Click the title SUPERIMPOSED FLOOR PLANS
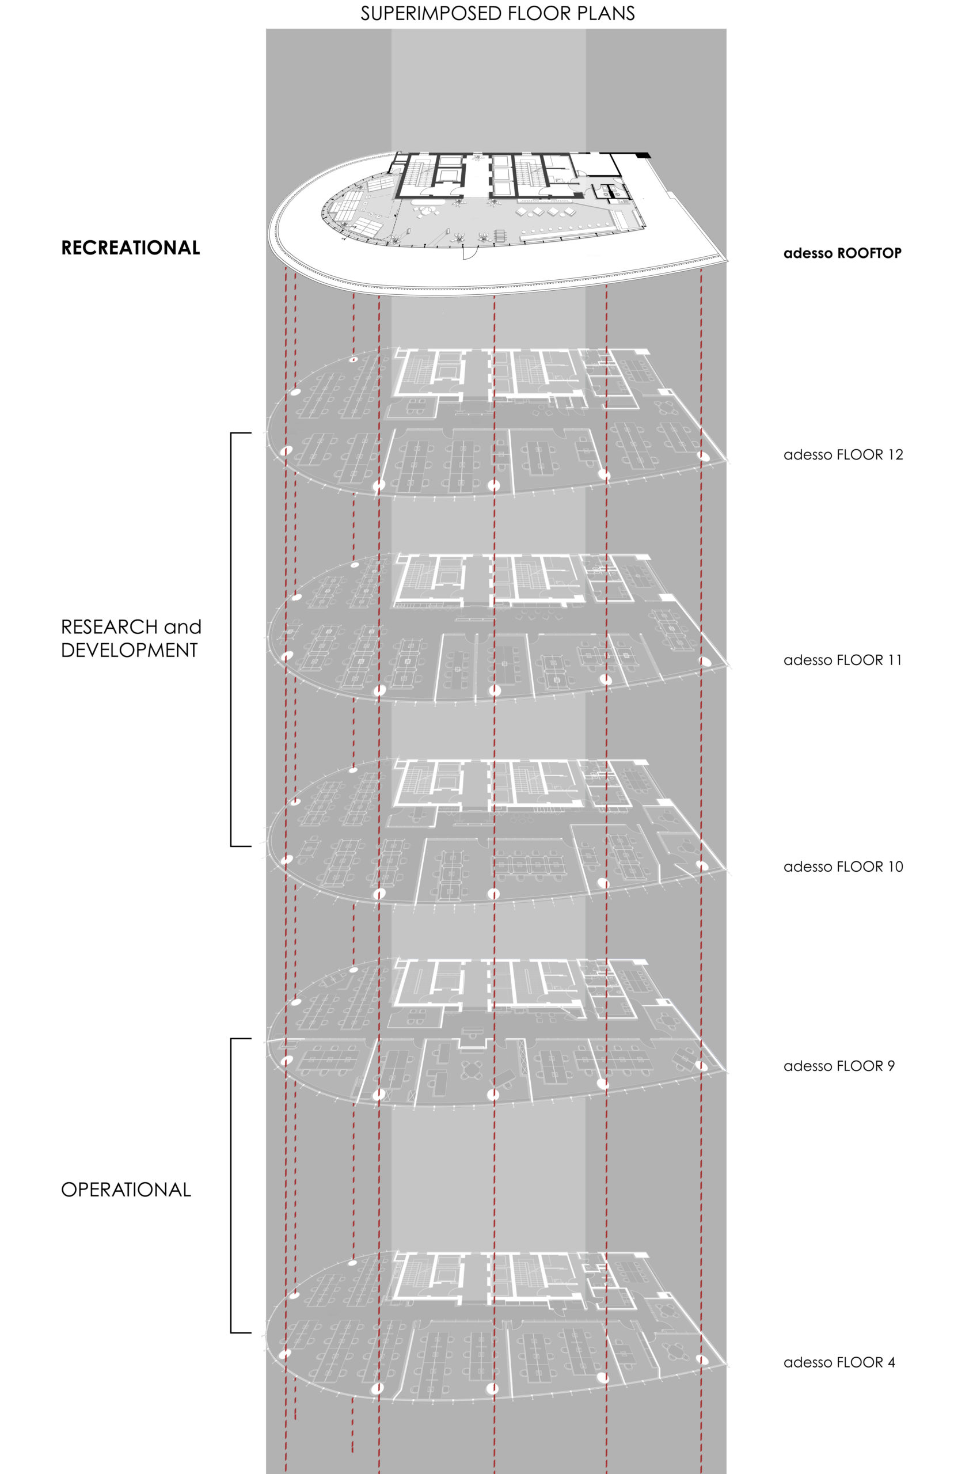tap(497, 14)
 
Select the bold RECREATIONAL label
tap(130, 248)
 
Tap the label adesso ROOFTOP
tap(842, 253)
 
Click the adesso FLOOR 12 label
tap(843, 454)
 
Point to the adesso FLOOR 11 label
tap(843, 660)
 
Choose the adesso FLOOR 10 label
tap(843, 867)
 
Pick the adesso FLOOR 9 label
tap(839, 1066)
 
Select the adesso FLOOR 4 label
tap(839, 1362)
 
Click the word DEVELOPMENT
tap(129, 651)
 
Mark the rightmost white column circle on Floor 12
tap(702, 456)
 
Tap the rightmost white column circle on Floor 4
tap(702, 1359)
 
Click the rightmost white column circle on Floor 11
tap(704, 661)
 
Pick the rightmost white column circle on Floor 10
tap(702, 865)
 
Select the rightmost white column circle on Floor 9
tap(702, 1066)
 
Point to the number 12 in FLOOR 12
tap(895, 454)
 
